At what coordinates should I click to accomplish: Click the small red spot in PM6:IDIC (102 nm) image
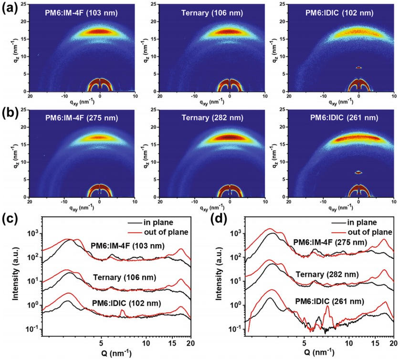pyautogui.click(x=358, y=68)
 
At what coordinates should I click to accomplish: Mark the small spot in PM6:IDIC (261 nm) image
pyautogui.click(x=358, y=173)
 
